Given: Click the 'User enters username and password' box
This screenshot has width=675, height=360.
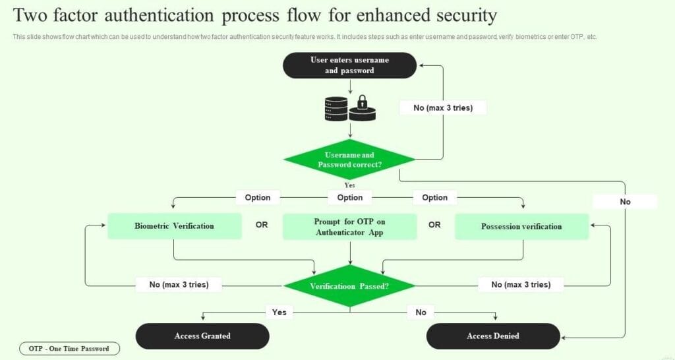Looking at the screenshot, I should tap(349, 65).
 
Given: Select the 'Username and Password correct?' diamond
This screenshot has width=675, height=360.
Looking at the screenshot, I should tap(349, 160).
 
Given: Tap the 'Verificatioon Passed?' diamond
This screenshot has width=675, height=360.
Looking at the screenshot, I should tap(349, 286).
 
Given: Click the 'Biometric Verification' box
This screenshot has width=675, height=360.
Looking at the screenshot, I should tap(174, 226).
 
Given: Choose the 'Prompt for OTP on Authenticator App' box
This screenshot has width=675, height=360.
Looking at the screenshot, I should tap(349, 226).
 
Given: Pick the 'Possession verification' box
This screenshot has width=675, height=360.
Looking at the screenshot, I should tap(521, 226).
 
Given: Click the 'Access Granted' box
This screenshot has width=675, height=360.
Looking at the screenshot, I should tap(202, 336).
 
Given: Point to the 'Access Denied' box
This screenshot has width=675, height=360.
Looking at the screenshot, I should tap(493, 336).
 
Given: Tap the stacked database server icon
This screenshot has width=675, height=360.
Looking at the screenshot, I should tap(336, 108).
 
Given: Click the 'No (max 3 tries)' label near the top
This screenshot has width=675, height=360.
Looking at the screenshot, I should tap(443, 107).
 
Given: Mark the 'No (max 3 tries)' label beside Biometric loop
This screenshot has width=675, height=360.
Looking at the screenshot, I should tap(179, 285).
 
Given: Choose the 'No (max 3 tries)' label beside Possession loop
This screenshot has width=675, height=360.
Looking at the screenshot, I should tap(521, 285).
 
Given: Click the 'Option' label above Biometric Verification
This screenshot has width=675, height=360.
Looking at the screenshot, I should tap(258, 197).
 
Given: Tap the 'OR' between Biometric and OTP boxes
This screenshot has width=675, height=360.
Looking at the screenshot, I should tap(262, 225).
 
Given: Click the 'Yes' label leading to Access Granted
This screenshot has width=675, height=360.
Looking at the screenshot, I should tap(279, 312).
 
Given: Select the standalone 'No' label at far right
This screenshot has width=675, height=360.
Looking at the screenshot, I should tap(625, 202).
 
